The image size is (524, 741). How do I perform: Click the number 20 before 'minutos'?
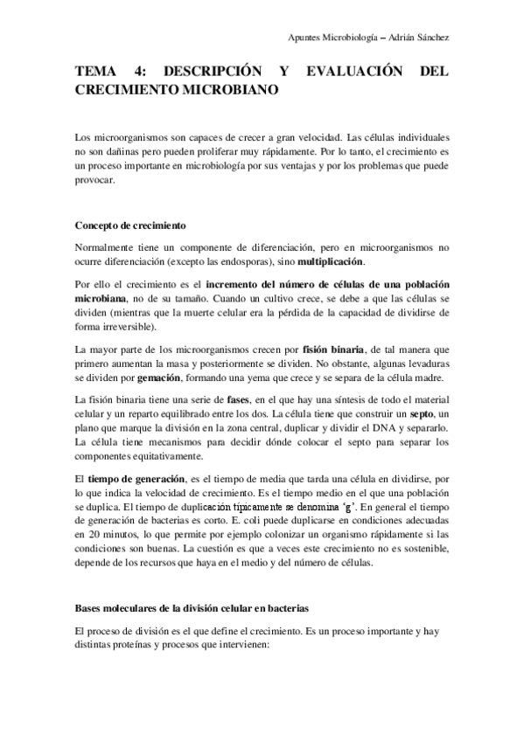tap(83, 534)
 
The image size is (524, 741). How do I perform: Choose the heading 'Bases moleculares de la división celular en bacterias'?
tap(192, 606)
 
